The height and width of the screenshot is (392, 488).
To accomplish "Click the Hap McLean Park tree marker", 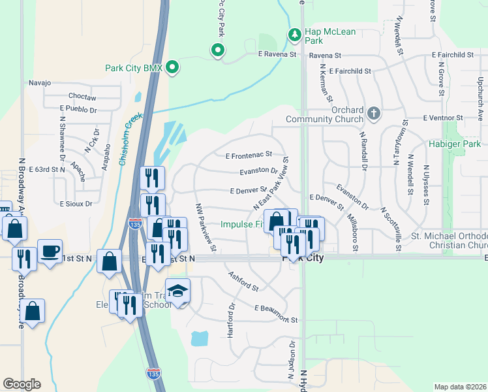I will pyautogui.click(x=295, y=33).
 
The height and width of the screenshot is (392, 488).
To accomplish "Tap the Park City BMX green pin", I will pyautogui.click(x=172, y=67).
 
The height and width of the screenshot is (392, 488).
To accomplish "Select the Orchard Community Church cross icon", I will pyautogui.click(x=373, y=114).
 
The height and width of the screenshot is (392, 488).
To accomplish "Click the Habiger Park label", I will pyautogui.click(x=455, y=144).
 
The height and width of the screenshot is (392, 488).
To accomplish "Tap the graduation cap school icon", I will pyautogui.click(x=177, y=291).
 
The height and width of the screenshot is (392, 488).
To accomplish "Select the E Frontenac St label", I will pyautogui.click(x=248, y=155).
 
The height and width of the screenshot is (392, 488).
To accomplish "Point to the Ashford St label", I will pyautogui.click(x=244, y=282).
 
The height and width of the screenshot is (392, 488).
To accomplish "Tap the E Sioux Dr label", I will pyautogui.click(x=76, y=203).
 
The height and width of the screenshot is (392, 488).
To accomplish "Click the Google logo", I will pyautogui.click(x=22, y=384).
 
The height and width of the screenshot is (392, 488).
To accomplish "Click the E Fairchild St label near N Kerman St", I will pyautogui.click(x=350, y=71).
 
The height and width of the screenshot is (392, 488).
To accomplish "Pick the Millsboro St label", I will pyautogui.click(x=353, y=231).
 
